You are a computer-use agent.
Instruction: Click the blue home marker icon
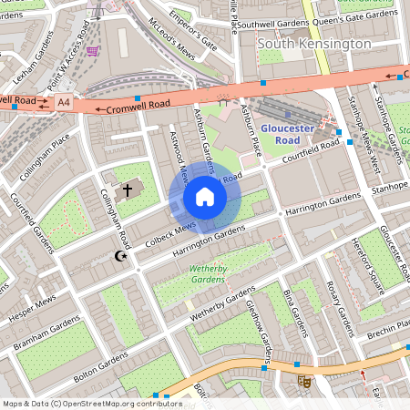205,197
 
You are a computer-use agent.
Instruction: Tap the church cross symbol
128,190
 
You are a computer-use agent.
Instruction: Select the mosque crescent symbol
117,258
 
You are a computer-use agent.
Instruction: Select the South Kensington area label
314,44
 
